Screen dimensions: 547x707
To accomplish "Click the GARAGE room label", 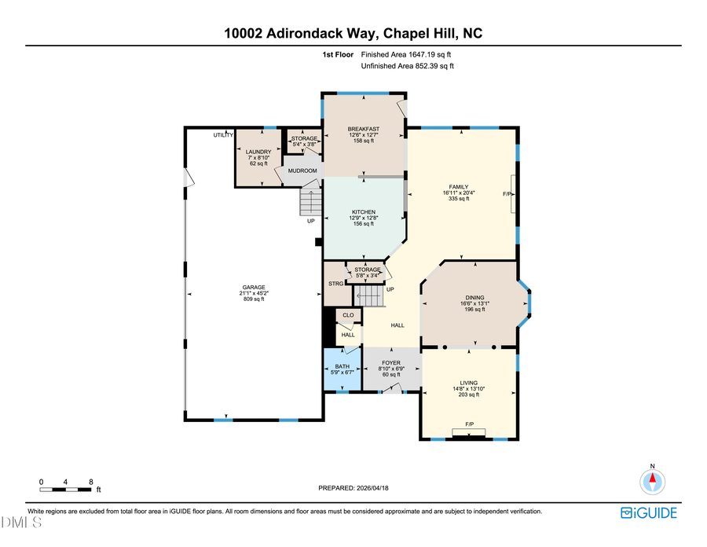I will (253, 287).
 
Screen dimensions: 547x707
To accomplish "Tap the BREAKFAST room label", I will (364, 129).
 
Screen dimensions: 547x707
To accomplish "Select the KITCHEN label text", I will (363, 212).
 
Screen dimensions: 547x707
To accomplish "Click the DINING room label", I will (474, 297).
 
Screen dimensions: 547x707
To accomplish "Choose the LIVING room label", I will (468, 384).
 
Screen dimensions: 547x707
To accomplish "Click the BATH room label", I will (342, 366).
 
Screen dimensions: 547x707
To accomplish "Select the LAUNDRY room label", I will (258, 152).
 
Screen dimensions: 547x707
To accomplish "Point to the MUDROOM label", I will (302, 171).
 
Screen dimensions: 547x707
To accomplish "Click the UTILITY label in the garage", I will (223, 135).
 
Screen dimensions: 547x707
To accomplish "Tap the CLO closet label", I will (347, 315).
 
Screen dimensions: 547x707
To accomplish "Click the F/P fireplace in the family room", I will (507, 193).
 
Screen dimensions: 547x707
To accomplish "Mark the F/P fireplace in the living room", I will (470, 425).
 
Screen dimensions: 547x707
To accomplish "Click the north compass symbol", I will (652, 479).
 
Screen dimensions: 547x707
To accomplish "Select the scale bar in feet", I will (67, 490).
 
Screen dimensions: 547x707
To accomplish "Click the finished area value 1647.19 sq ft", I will (406, 55).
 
